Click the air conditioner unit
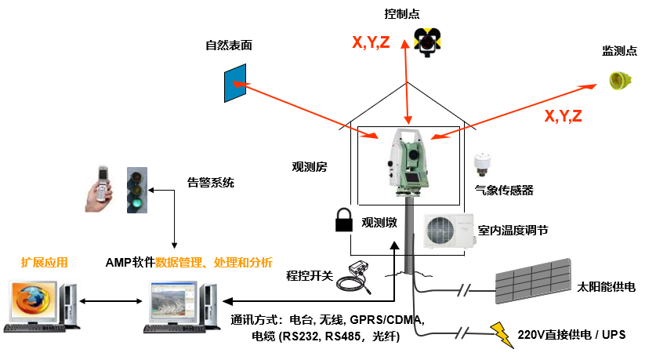point(448,231)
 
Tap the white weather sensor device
point(481,166)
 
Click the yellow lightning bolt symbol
point(499,333)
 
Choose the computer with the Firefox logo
point(38,303)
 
